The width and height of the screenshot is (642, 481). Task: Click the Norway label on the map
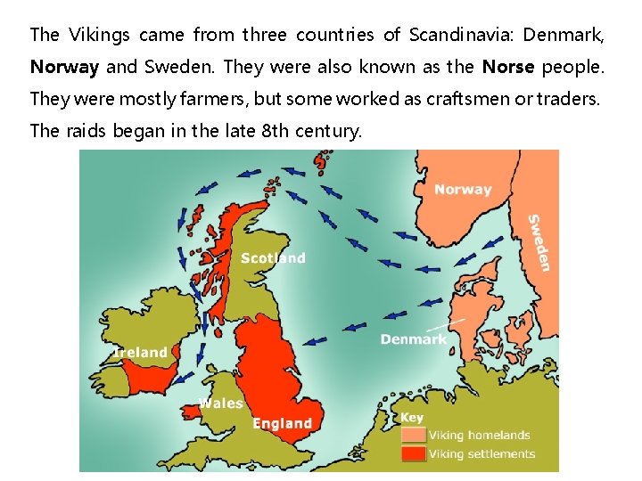click(463, 189)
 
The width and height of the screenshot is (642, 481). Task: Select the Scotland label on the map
click(273, 258)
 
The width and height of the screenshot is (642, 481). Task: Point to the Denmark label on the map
click(414, 338)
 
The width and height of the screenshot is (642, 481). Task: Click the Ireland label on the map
click(140, 353)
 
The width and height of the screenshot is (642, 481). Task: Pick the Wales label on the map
click(221, 403)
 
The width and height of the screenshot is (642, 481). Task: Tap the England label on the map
click(283, 423)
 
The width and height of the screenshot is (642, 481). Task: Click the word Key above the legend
click(411, 417)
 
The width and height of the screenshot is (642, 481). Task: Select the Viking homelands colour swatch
click(413, 435)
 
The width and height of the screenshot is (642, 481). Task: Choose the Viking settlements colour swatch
click(413, 453)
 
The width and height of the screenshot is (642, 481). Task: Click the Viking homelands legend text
click(479, 436)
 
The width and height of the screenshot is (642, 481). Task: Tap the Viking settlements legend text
click(481, 453)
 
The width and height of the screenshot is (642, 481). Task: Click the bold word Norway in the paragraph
click(64, 67)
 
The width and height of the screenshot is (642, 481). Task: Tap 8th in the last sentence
click(276, 131)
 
